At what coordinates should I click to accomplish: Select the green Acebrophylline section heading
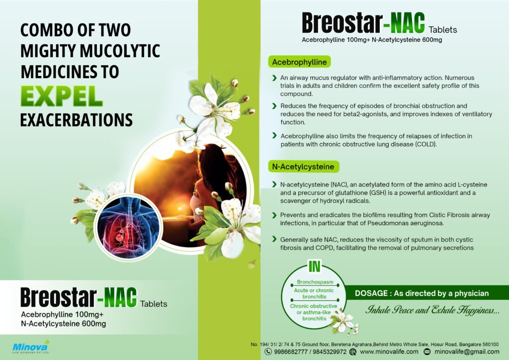point(299,63)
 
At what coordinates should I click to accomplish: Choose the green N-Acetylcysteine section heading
point(302,166)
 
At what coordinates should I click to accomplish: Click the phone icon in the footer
point(268,352)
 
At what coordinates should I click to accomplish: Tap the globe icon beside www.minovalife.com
point(353,352)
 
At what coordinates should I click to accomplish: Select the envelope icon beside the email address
point(426,352)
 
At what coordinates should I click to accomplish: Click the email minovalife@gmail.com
point(467,352)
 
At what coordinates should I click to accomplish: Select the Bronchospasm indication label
point(314,282)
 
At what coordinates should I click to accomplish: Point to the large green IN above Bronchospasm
point(314,267)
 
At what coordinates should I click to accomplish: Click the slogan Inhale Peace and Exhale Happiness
point(432,311)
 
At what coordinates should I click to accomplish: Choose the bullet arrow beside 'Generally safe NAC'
point(274,240)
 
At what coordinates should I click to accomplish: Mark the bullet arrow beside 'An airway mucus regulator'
point(274,78)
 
